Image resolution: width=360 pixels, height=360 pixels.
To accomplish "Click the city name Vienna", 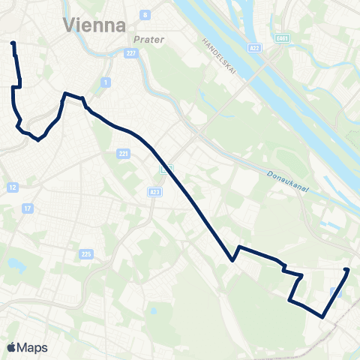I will pos(95,25).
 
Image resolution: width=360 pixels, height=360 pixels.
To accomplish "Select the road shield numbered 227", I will pos(130,52).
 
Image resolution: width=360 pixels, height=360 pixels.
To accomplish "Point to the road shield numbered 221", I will pos(123,154).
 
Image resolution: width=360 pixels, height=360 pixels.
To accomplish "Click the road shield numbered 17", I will pos(28,208).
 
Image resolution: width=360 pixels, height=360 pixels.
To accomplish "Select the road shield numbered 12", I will pos(13,186).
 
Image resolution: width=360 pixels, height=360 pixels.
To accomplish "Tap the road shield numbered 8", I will pos(145,14).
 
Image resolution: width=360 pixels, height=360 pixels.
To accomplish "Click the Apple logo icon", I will pos(11,347).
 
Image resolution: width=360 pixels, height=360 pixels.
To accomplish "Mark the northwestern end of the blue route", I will pos(13,44).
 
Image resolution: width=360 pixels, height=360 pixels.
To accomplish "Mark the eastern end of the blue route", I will pos(346,269).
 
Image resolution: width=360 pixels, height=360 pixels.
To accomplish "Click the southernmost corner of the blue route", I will pos(323,316).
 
